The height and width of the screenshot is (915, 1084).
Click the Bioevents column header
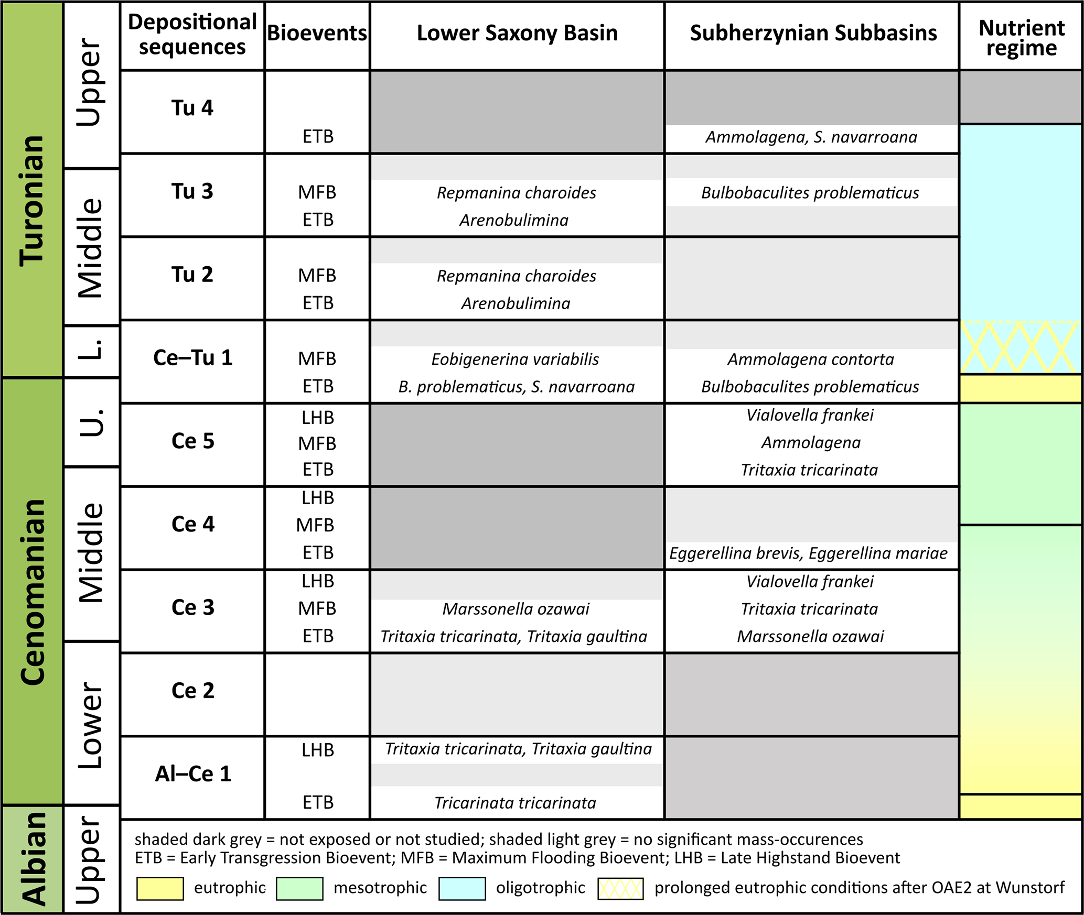(317, 33)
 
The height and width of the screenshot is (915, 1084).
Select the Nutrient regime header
(1021, 38)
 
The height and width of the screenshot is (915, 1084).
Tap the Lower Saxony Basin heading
(517, 33)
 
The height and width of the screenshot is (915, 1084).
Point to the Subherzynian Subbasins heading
(813, 33)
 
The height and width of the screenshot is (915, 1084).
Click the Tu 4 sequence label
(192, 108)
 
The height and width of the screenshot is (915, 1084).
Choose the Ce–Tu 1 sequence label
(192, 358)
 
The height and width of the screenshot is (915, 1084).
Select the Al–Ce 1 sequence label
(192, 774)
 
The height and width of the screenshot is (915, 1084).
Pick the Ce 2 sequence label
(192, 691)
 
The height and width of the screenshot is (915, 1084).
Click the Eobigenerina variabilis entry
(515, 360)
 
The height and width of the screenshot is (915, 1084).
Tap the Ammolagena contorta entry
(810, 360)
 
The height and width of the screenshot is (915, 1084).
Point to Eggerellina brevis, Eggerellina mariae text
(808, 553)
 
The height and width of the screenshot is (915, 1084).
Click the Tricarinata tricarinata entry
(515, 803)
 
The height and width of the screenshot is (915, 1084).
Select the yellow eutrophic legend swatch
(160, 888)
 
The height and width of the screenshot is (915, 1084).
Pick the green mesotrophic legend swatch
(299, 888)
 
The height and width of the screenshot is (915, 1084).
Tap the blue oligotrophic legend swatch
(462, 888)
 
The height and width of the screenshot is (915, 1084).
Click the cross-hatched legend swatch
(620, 888)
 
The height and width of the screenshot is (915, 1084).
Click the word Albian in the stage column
(33, 859)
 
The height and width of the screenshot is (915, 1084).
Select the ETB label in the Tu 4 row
(318, 137)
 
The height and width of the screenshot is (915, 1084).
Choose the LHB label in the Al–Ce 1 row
(318, 750)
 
